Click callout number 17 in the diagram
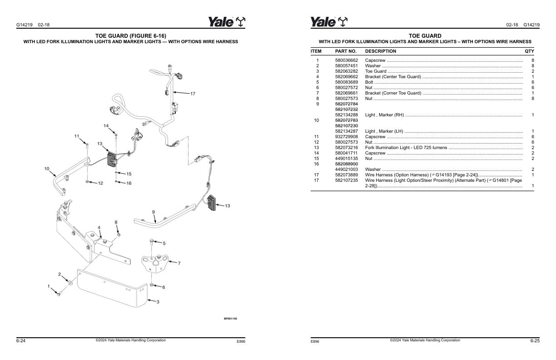(x=193, y=94)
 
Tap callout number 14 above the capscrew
(x=106, y=125)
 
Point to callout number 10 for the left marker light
(x=47, y=169)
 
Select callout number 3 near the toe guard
(x=158, y=302)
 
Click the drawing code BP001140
(x=230, y=319)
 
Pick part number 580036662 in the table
(x=346, y=60)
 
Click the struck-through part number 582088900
(x=346, y=164)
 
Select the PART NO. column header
(x=346, y=51)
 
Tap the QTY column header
(x=529, y=51)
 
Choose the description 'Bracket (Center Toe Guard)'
(x=393, y=77)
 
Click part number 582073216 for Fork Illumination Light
(x=346, y=148)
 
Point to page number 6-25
(x=535, y=340)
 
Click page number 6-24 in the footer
(x=21, y=340)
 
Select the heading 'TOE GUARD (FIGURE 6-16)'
(x=130, y=35)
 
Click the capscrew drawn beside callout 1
(x=59, y=294)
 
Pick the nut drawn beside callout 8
(x=119, y=235)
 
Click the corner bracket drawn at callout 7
(x=154, y=262)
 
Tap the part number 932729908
(x=346, y=137)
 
